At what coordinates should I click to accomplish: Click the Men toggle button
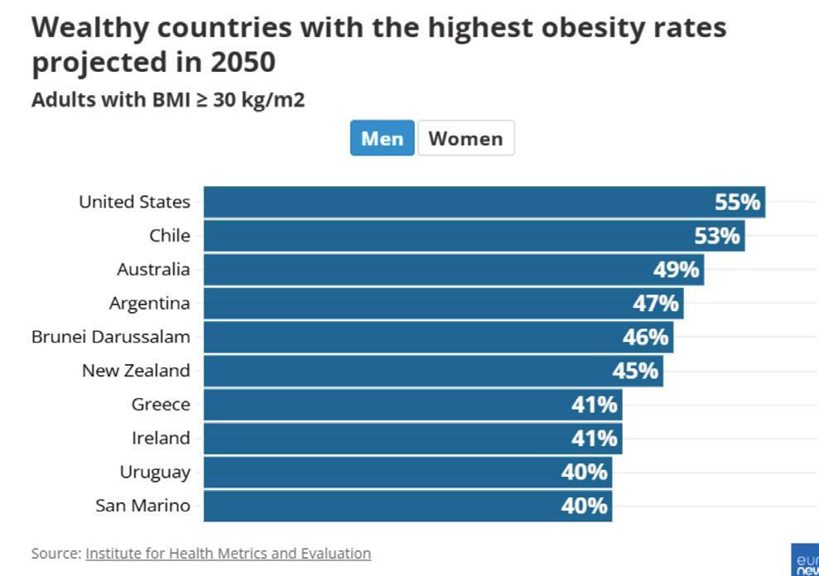[x=382, y=138]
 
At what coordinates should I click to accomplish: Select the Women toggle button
[x=465, y=138]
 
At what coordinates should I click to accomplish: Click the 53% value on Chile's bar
[x=716, y=236]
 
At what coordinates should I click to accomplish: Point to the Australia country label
[x=153, y=269]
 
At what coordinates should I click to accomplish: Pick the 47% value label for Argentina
[x=656, y=304]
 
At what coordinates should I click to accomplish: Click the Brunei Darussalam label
[x=111, y=337]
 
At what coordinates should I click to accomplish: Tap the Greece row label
[x=161, y=405]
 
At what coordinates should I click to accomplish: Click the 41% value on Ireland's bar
[x=594, y=438]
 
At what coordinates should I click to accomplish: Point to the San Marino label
[x=142, y=506]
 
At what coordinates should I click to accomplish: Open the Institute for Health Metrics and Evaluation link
[x=228, y=553]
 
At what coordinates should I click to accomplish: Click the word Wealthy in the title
[x=89, y=27]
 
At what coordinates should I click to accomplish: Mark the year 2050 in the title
[x=243, y=62]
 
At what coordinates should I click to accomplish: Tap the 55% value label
[x=737, y=202]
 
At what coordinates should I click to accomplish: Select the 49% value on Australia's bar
[x=676, y=270]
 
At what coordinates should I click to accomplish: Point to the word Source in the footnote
[x=55, y=553]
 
